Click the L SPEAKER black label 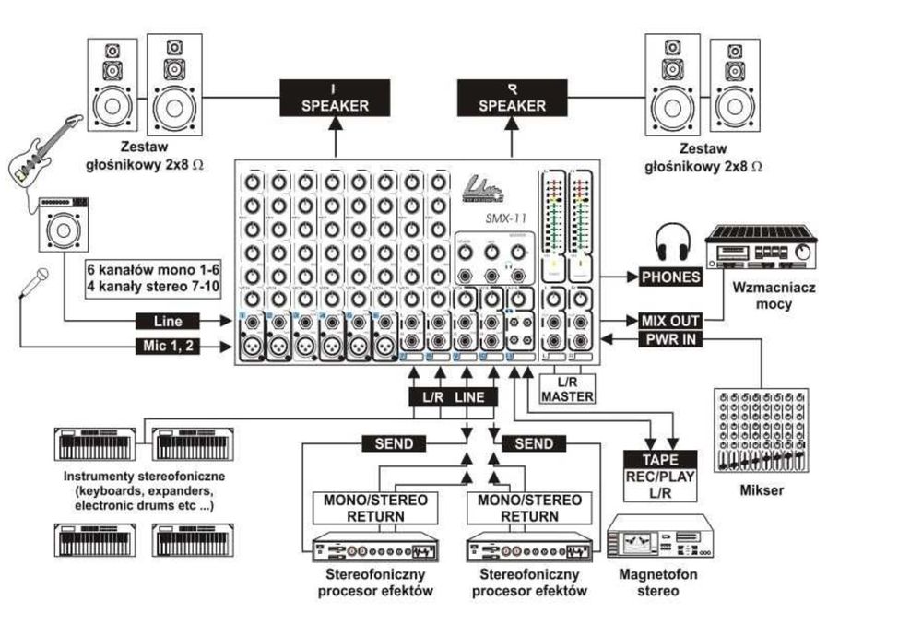tap(335, 98)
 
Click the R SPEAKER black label tap(512, 98)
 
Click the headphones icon tap(672, 244)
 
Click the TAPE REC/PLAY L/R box tap(657, 475)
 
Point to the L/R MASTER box tap(567, 389)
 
